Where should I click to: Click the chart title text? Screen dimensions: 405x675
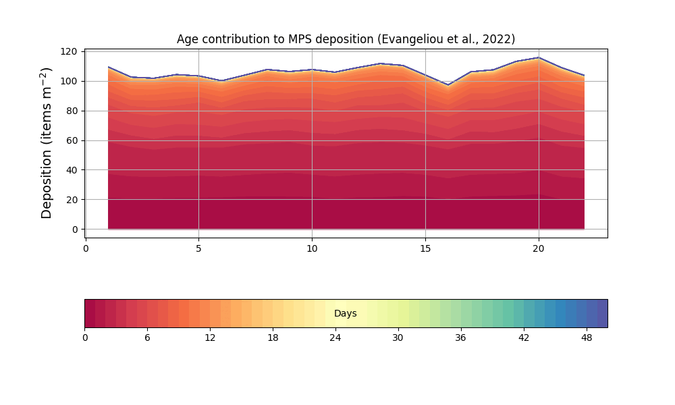[346, 39]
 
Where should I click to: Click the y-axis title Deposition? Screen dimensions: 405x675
[47, 142]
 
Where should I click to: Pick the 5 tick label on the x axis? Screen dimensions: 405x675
[198, 248]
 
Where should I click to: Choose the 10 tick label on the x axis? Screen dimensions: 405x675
[312, 248]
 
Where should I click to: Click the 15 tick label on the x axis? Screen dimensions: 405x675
[425, 248]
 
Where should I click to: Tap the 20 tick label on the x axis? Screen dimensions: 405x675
[539, 248]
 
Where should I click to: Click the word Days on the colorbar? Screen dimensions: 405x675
[346, 314]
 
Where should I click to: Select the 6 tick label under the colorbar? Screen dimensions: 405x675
[147, 337]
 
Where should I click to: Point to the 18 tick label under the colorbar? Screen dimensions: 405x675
[273, 337]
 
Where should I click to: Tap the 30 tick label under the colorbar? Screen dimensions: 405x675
[398, 337]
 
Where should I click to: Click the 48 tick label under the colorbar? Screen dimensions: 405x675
[587, 337]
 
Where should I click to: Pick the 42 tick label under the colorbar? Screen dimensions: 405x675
[524, 337]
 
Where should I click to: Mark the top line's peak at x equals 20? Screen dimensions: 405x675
[539, 57]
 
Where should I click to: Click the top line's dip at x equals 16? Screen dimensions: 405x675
[448, 85]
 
